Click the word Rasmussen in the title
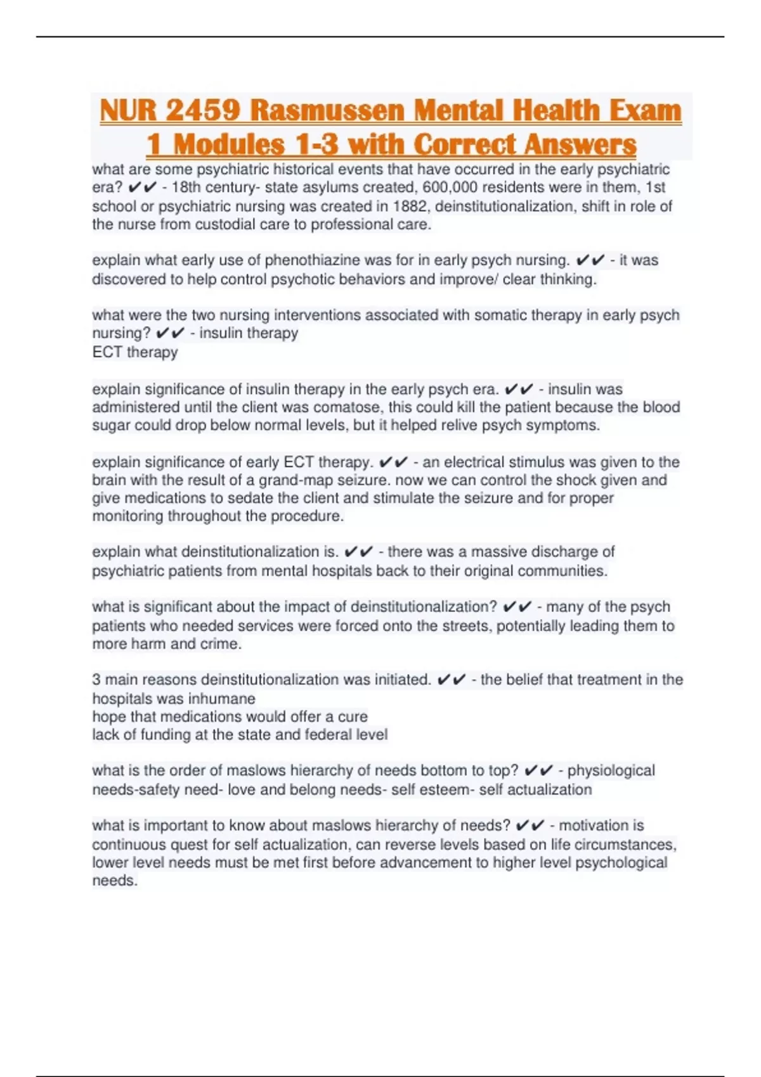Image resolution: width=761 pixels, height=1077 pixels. click(327, 110)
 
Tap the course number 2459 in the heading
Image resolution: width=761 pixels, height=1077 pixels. click(203, 110)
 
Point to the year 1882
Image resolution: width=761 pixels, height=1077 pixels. click(410, 207)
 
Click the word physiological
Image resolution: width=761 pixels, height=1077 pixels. click(611, 771)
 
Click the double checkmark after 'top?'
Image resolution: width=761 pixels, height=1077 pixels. click(538, 771)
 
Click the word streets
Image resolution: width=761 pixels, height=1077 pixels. click(464, 626)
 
